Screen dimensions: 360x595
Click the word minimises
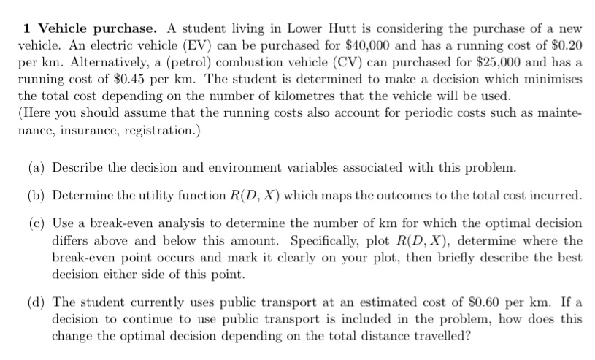(552, 78)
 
